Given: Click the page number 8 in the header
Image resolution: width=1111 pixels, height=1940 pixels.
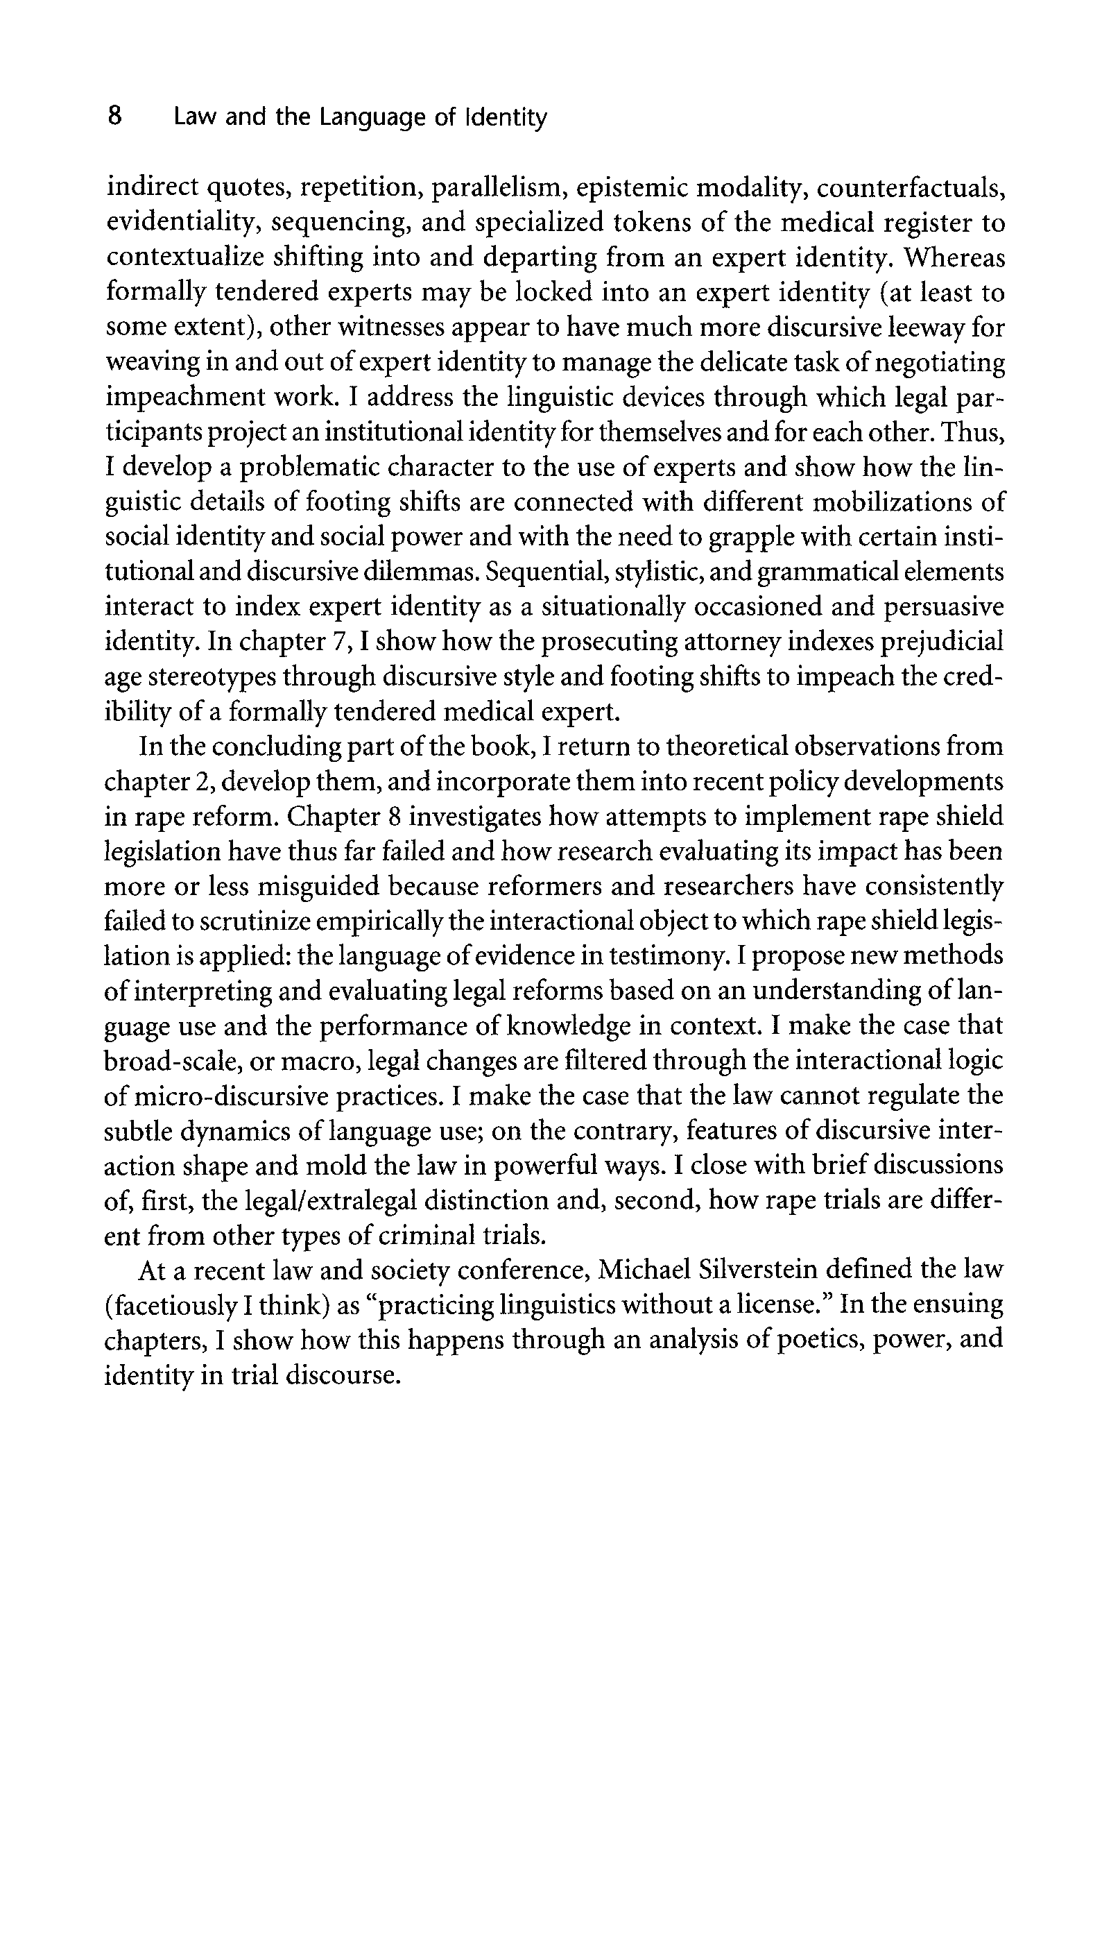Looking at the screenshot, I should pos(114,117).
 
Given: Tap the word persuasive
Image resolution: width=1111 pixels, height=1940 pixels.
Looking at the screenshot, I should pos(944,608).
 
